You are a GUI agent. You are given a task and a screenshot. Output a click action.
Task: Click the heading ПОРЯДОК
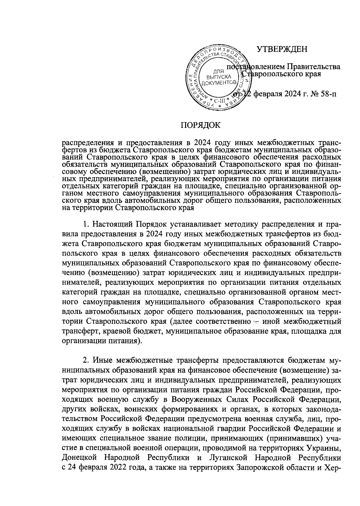200,125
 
